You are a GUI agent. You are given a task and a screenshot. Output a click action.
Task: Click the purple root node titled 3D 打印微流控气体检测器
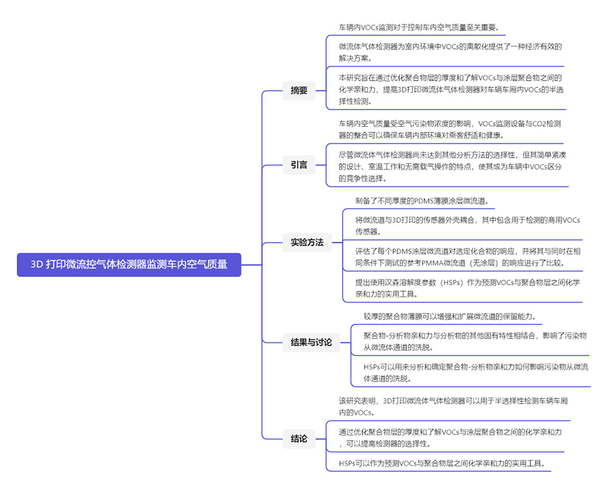tap(129, 264)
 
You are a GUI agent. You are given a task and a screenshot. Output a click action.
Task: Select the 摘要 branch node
tap(299, 91)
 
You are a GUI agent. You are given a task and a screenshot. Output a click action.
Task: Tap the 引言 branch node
tap(299, 165)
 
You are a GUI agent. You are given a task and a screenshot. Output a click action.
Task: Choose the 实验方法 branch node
tap(307, 243)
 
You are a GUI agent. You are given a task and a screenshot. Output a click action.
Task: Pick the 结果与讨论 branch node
tap(311, 342)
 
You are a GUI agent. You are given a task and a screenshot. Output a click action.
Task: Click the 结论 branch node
tap(299, 439)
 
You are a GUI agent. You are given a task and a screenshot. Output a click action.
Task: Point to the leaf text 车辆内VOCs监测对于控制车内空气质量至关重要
tap(419, 28)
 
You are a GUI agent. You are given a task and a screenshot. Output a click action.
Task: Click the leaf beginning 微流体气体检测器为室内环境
tap(450, 52)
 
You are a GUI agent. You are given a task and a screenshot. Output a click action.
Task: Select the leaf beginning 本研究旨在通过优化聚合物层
tap(451, 89)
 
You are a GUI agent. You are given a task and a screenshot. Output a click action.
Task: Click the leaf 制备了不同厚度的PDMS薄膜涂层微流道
tap(422, 201)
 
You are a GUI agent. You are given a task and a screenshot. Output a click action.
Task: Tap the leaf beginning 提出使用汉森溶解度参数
tap(459, 288)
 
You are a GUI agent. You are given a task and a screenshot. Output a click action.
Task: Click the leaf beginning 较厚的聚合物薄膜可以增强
tap(449, 316)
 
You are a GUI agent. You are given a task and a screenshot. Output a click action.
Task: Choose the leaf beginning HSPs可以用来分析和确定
tap(475, 372)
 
